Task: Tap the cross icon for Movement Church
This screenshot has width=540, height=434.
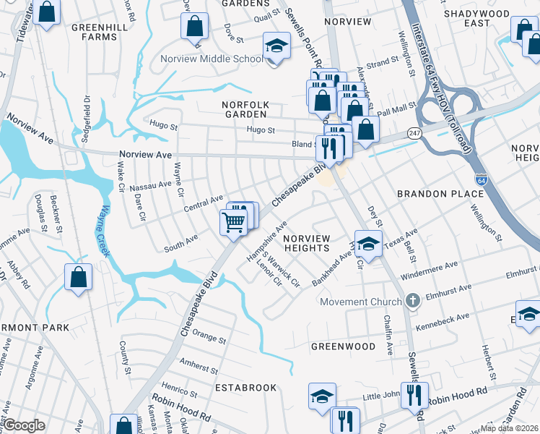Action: (x=412, y=300)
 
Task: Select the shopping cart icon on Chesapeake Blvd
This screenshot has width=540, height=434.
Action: (x=232, y=222)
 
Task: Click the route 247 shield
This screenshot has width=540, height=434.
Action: (x=414, y=133)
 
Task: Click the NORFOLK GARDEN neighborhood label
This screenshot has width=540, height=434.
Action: (x=245, y=109)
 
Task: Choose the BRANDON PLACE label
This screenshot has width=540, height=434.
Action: (x=440, y=194)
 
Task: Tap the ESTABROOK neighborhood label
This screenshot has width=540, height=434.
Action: (x=245, y=388)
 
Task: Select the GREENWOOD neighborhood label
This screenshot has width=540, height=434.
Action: (x=343, y=346)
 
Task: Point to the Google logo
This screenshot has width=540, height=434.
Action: (x=24, y=425)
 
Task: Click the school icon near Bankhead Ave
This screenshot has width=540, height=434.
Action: (x=367, y=244)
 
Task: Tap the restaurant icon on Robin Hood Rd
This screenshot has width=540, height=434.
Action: (x=414, y=395)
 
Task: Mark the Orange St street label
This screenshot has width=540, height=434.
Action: (x=209, y=338)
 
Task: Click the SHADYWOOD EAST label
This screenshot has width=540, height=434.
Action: (x=477, y=18)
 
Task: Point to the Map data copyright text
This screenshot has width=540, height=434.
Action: (x=509, y=427)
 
